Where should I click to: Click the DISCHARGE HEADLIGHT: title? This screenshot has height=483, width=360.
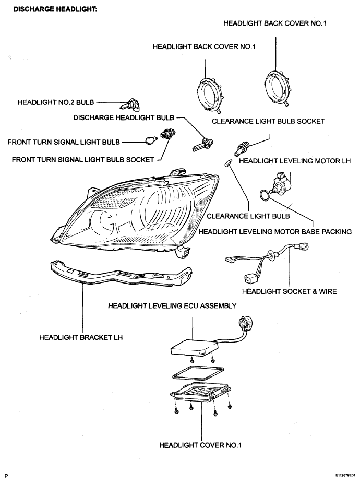point(55,9)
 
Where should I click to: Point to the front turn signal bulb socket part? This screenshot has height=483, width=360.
point(167,134)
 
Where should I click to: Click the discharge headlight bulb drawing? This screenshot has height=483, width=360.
point(203,144)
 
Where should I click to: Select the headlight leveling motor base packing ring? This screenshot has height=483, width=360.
point(265,195)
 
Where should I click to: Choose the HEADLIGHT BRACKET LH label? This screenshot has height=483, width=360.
point(81,337)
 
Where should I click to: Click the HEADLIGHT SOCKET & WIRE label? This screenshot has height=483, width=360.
point(289,291)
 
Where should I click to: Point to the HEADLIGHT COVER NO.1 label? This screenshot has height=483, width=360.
point(200,445)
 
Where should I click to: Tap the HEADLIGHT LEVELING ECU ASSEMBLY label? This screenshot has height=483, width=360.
point(172,306)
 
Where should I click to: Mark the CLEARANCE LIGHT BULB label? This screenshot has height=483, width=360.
point(248,216)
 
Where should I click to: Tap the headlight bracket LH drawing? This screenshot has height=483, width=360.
point(121,274)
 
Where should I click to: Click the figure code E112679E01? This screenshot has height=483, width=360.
point(345,475)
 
